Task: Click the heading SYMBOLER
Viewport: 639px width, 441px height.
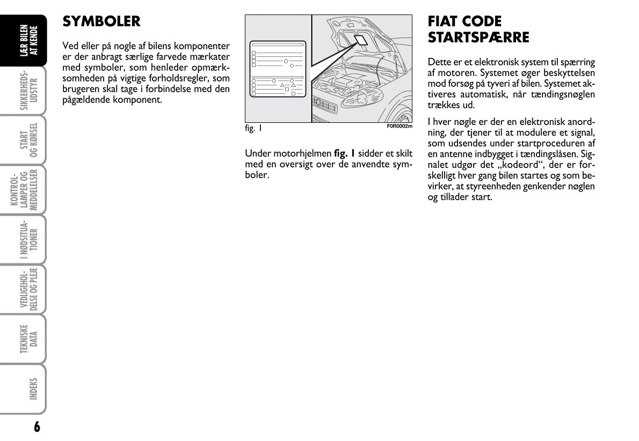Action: click(x=101, y=21)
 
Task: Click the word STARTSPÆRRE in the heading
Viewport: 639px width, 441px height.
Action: click(x=478, y=38)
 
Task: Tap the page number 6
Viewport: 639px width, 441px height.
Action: click(x=37, y=427)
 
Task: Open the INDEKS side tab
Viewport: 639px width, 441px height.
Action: click(x=30, y=388)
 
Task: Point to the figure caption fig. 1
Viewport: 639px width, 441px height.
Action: click(x=253, y=129)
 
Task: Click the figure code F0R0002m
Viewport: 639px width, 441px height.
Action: click(x=400, y=126)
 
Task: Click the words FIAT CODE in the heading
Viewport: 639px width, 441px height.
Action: click(x=464, y=21)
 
